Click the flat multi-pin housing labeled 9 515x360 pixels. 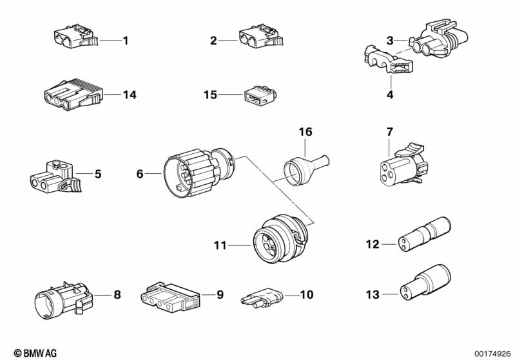pyautogui.click(x=170, y=297)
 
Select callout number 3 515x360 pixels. pyautogui.click(x=390, y=41)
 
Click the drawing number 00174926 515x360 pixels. pyautogui.click(x=491, y=353)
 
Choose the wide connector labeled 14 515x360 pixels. pyautogui.click(x=72, y=95)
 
